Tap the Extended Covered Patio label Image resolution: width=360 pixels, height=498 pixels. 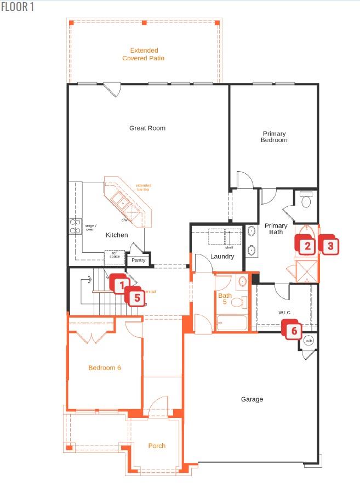[x=144, y=54]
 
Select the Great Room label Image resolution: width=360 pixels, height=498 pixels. [x=147, y=128]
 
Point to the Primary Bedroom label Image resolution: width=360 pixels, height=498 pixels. [x=275, y=137]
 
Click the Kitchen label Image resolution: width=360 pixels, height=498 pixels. [x=117, y=235]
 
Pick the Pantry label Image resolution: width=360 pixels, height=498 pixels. [x=139, y=260]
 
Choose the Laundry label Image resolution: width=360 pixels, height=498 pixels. [x=222, y=256]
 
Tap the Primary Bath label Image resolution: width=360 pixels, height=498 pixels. [x=276, y=229]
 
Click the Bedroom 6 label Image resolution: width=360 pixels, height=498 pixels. [x=105, y=367]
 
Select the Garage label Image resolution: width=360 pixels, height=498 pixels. [x=252, y=399]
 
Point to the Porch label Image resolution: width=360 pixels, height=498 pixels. [x=157, y=446]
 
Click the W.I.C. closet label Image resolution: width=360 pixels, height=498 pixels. [x=284, y=313]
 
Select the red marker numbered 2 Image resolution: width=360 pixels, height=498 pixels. [x=307, y=246]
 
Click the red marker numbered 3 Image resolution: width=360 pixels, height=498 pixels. [x=330, y=246]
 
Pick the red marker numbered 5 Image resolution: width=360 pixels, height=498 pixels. [x=137, y=297]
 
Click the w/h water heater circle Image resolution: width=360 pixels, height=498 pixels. [x=308, y=340]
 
